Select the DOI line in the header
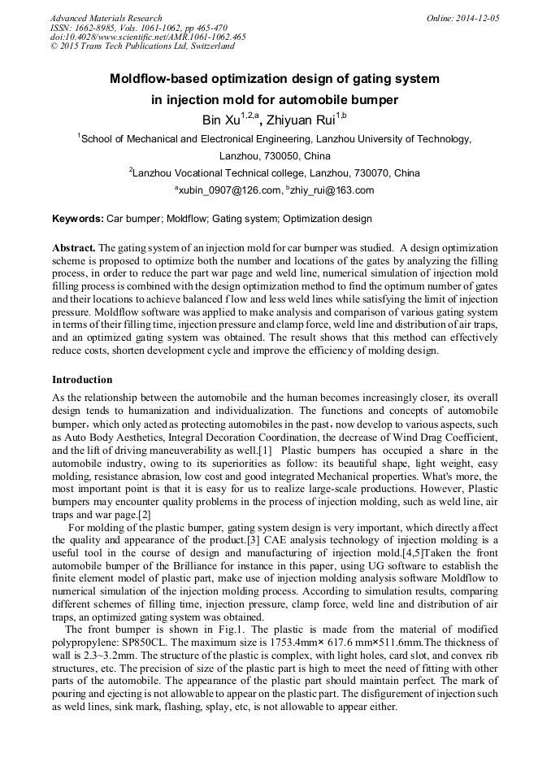[148, 37]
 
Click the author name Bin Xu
[220, 121]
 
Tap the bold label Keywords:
[78, 219]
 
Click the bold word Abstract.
[74, 247]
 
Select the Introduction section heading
[82, 380]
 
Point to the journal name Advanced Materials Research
[106, 18]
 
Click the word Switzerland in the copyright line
[213, 46]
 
